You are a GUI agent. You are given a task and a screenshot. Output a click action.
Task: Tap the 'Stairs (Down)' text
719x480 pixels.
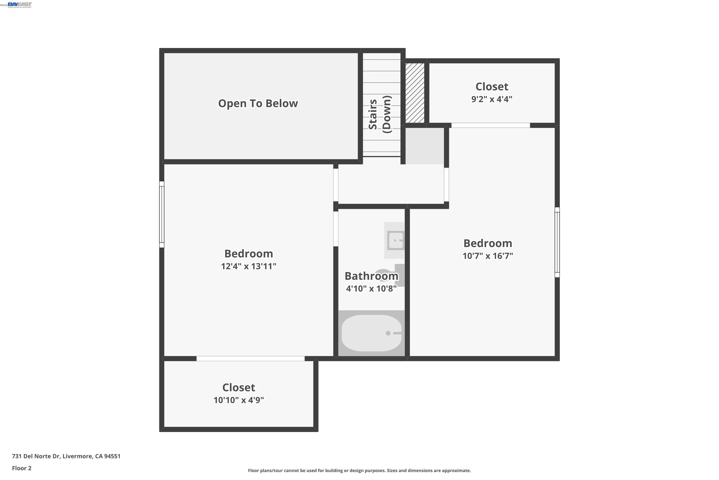coord(380,114)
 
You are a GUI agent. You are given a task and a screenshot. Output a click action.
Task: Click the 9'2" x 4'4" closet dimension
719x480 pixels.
coord(492,99)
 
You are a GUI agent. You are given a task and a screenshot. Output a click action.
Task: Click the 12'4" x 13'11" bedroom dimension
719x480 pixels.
coord(249,266)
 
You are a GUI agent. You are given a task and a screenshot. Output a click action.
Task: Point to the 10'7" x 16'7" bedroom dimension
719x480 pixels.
coord(487,256)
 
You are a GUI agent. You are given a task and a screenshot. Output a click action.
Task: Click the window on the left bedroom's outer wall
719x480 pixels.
coord(162,214)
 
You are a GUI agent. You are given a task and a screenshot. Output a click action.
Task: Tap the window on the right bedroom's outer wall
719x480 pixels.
coord(557,242)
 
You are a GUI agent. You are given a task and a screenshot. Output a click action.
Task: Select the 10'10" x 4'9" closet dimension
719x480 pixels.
coord(238,400)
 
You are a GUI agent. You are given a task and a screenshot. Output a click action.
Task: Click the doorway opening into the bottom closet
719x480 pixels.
coord(250,359)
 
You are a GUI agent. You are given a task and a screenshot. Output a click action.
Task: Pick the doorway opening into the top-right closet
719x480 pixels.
coord(490,125)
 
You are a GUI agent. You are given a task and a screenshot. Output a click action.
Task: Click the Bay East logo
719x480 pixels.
coord(20,5)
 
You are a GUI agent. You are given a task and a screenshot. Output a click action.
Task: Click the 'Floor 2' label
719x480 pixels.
coord(22,468)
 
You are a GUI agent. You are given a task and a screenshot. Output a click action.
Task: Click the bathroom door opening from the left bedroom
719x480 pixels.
coord(336,229)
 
